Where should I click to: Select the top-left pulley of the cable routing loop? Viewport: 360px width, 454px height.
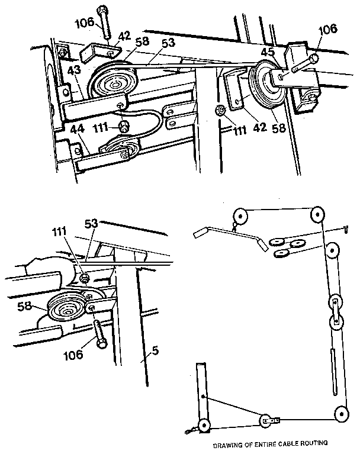click(x=239, y=214)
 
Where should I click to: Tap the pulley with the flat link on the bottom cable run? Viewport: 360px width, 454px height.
click(x=266, y=422)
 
